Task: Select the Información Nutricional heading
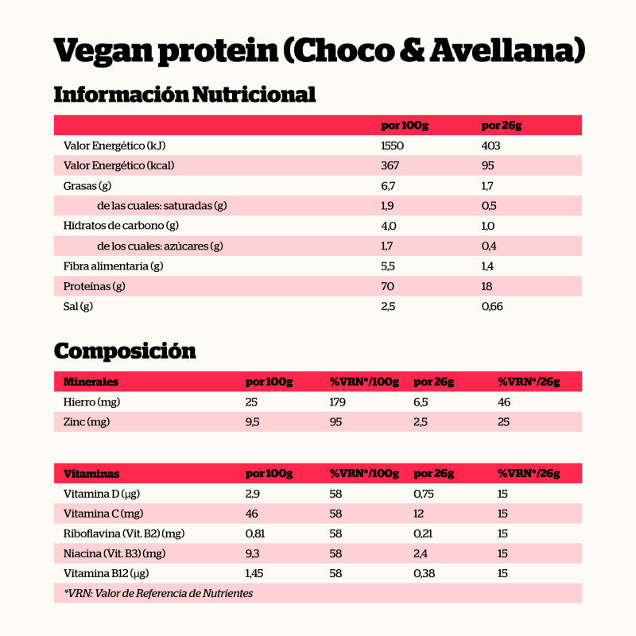point(184,95)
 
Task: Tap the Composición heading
point(125,351)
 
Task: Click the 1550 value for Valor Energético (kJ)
point(393,146)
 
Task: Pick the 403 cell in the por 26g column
point(491,146)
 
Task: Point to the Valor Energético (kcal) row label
point(119,166)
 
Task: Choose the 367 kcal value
point(390,166)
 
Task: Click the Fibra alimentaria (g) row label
point(114,266)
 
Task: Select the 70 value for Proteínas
point(388,286)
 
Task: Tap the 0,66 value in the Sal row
point(492,306)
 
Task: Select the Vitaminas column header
point(91,474)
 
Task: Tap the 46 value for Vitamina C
point(253,514)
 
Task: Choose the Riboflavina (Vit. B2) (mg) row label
point(124,533)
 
